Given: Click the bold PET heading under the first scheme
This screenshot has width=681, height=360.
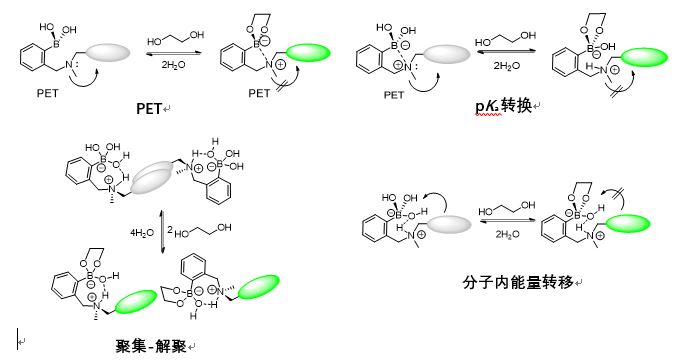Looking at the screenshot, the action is [149, 108].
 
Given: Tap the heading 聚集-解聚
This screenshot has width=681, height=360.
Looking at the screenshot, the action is [151, 346].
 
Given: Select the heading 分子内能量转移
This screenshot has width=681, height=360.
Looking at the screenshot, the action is [518, 282].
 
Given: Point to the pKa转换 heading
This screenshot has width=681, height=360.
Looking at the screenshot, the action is [504, 106].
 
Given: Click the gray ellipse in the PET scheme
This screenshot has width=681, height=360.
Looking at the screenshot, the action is [108, 52].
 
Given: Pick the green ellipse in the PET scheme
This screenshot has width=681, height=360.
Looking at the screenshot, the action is [308, 53].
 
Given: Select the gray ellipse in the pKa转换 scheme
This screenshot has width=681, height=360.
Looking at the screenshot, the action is [446, 54].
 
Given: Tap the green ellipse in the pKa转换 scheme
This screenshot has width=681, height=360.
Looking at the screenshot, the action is [645, 57].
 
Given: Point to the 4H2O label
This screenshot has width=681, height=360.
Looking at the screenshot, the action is [142, 233].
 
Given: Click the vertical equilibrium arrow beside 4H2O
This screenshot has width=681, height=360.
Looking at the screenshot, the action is [162, 232].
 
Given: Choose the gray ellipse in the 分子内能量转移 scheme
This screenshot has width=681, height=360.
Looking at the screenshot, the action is [449, 224].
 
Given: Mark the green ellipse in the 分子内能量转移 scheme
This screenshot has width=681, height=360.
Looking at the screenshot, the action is [628, 224].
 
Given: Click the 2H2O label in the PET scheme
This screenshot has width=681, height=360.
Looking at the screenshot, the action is [173, 65].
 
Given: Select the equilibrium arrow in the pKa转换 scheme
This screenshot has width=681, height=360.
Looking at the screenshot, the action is [506, 51].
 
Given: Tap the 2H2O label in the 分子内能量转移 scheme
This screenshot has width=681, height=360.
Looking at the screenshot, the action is [508, 234].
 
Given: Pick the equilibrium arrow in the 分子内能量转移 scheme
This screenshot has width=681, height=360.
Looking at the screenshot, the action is [507, 221].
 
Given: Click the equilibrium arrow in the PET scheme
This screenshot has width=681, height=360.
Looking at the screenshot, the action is [174, 53].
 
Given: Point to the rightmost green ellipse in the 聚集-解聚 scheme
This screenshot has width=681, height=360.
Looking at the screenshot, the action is [259, 287].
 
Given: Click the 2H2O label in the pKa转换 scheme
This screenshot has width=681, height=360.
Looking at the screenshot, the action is [506, 66].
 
